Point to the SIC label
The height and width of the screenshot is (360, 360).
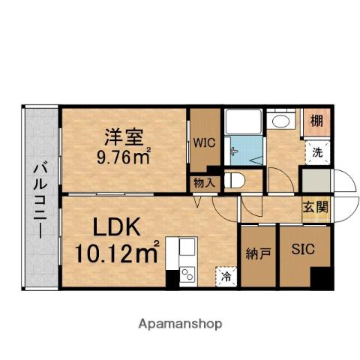[x=303, y=248]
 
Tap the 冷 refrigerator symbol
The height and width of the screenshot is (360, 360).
[x=226, y=275]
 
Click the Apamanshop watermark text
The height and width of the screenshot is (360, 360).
[x=179, y=324]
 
